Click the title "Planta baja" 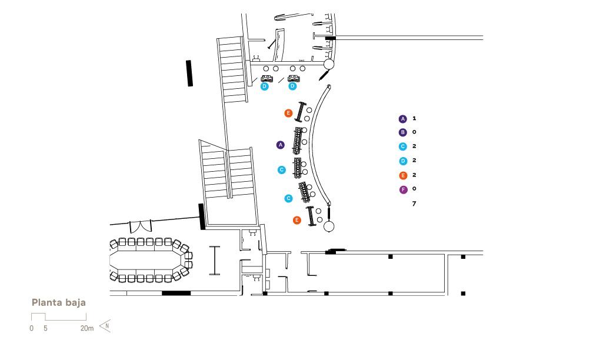tap(59, 302)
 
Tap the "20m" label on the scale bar tap(86, 328)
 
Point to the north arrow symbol tap(105, 326)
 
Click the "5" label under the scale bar tap(45, 328)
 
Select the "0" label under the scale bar tap(31, 328)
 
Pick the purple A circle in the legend tap(403, 119)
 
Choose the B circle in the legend tap(403, 132)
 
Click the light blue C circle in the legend tap(403, 146)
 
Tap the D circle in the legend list tap(403, 161)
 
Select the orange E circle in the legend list tap(403, 175)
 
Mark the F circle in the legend tap(404, 189)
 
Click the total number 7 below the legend tap(414, 204)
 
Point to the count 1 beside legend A tap(415, 118)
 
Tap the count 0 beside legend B tap(414, 132)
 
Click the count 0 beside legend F tap(414, 188)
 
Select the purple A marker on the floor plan tap(280, 145)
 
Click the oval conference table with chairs tap(151, 260)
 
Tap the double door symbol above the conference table tap(141, 226)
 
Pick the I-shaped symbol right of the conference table tap(214, 261)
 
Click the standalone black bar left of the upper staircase tap(189, 74)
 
